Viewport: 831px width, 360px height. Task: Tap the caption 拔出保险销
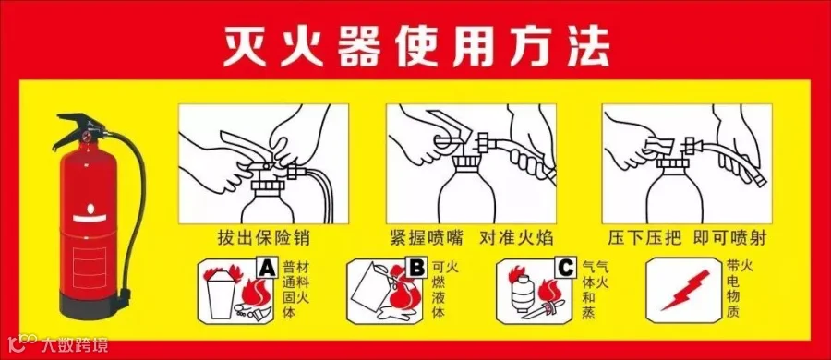click(x=263, y=238)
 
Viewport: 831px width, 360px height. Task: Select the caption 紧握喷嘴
click(x=425, y=238)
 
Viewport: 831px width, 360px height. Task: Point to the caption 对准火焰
click(x=516, y=238)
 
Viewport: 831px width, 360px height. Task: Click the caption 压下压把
click(x=644, y=238)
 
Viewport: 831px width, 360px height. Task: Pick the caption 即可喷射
click(x=729, y=238)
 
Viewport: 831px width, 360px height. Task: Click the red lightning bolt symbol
click(x=685, y=290)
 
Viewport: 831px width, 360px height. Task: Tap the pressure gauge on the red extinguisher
click(x=87, y=138)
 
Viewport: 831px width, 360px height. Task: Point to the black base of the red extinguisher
click(x=86, y=306)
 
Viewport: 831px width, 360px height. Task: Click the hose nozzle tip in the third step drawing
click(x=760, y=180)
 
